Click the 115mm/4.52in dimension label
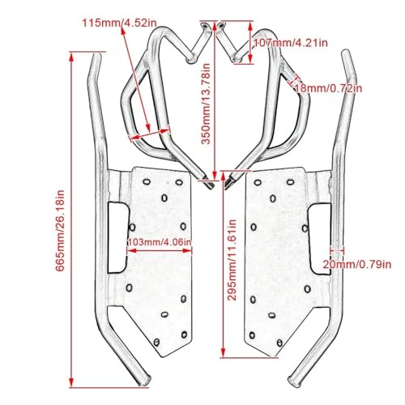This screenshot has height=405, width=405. pos(119,23)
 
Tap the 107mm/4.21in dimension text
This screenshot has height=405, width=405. pos(291,43)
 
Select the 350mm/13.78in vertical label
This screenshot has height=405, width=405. pos(206,104)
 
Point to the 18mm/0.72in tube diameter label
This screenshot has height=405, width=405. pos(328,88)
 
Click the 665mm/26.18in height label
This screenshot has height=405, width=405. pos(60,230)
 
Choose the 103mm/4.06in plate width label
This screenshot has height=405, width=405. pos(160,242)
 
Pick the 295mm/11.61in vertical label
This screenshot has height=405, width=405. pos(232,260)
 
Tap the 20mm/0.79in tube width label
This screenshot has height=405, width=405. pos(357,264)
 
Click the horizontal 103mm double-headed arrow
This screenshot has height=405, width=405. pos(160,251)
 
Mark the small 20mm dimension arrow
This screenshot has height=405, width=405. pos(337,251)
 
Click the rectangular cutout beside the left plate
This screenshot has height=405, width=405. pos(118,237)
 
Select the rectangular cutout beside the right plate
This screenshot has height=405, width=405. pos(321,239)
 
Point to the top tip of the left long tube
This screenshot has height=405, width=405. pos(97,55)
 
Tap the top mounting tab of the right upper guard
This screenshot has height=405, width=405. pos(221,26)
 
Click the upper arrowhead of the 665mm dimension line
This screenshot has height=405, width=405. pos(71,58)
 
